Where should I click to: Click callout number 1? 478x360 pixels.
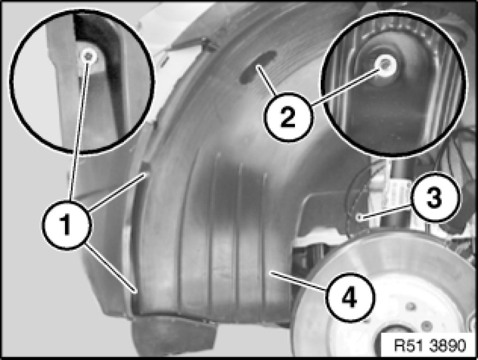tap(66, 225)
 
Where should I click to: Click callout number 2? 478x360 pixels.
tap(288, 117)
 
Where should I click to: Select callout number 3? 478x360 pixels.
tap(434, 197)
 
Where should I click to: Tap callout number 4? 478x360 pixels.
tap(350, 297)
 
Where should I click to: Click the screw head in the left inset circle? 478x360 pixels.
tap(88, 56)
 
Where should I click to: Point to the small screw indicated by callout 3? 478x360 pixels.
tap(359, 217)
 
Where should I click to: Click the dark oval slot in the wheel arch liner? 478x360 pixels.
tap(258, 67)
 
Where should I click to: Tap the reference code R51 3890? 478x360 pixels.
tap(430, 345)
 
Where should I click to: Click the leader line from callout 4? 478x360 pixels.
tap(297, 281)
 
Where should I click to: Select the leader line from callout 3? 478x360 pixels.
tap(385, 213)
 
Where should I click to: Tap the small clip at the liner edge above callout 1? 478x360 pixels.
tap(145, 167)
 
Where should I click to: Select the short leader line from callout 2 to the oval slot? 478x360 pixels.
tap(267, 79)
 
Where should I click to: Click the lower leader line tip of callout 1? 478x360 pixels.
tap(135, 293)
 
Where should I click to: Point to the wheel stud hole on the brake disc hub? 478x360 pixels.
tap(411, 306)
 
